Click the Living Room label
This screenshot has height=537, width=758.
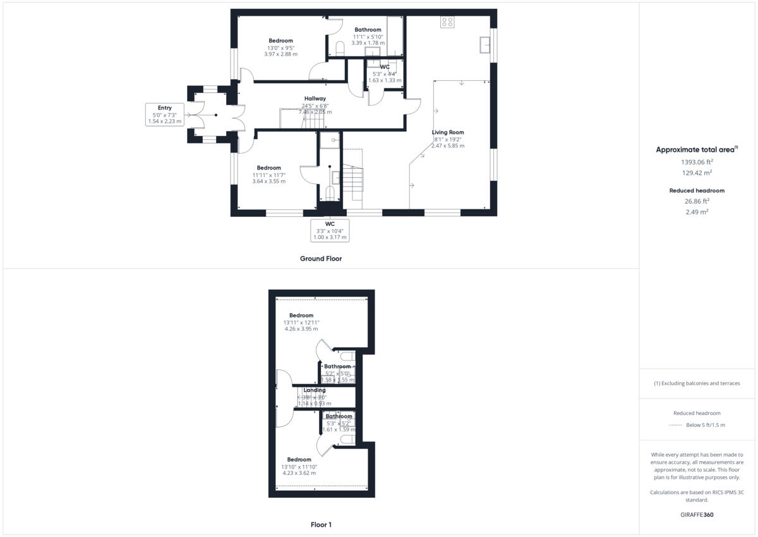coord(448,132)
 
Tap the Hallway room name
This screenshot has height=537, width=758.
coord(315,99)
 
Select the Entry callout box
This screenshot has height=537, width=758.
coord(165,114)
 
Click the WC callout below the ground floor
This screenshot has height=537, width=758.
coord(329,230)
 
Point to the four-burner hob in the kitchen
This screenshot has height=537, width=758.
coord(447,22)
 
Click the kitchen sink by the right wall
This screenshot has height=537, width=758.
coord(485,45)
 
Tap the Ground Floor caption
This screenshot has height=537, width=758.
coord(321,259)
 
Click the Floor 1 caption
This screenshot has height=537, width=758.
coord(321,524)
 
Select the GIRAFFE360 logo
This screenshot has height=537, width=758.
coord(697,515)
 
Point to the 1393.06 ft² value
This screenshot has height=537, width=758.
coord(695,162)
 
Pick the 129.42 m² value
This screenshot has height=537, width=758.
coord(695,173)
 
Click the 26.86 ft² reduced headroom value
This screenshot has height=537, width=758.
coord(695,201)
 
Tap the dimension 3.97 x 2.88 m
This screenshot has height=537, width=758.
coord(280,54)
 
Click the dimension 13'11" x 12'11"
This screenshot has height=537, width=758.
coord(301,322)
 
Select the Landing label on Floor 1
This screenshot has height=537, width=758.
coord(315,390)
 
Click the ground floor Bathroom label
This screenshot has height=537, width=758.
coord(368,30)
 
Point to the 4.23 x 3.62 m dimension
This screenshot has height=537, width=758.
coord(299,473)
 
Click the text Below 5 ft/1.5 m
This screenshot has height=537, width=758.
coord(706,425)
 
